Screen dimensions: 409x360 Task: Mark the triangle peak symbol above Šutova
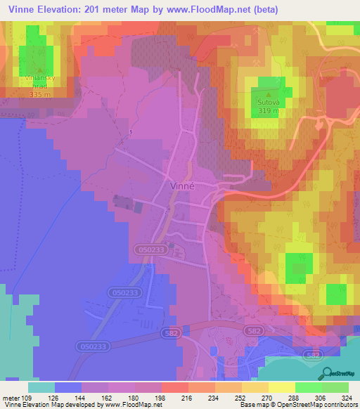tap(267, 91)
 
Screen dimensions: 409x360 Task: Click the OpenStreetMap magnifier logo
tap(326, 372)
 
